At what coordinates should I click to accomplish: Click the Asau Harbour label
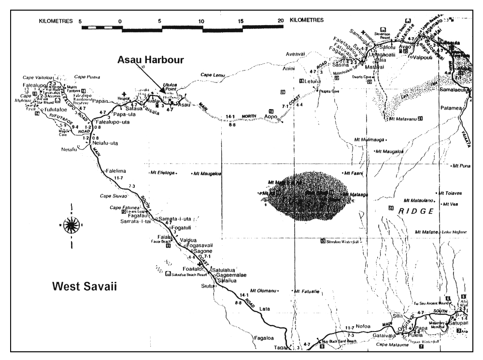(x=149, y=60)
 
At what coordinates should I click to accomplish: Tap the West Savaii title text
(x=85, y=287)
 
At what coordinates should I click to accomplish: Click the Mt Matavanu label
(x=403, y=118)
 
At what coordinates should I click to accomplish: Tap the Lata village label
(x=264, y=308)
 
